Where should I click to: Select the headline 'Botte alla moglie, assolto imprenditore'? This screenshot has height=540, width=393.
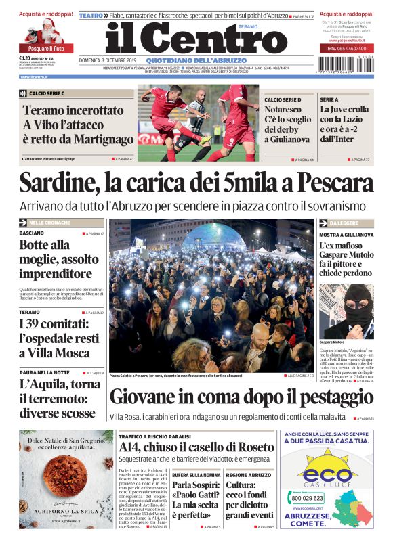pos(60,259)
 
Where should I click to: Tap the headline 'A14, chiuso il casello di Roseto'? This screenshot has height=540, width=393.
pos(196,447)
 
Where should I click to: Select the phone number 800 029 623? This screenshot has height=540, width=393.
pos(307,498)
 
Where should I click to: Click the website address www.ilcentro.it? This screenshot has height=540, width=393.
pos(34,77)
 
